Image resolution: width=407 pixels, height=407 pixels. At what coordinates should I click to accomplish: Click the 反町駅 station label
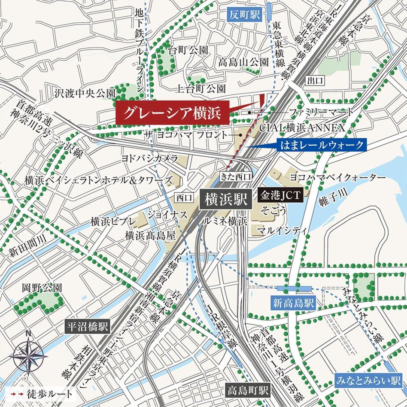(244, 15)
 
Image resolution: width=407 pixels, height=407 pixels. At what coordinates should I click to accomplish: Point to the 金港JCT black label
(281, 195)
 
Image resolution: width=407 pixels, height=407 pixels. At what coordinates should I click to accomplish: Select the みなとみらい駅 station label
(369, 380)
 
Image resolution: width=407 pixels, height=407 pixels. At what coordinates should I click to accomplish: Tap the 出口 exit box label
(314, 80)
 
